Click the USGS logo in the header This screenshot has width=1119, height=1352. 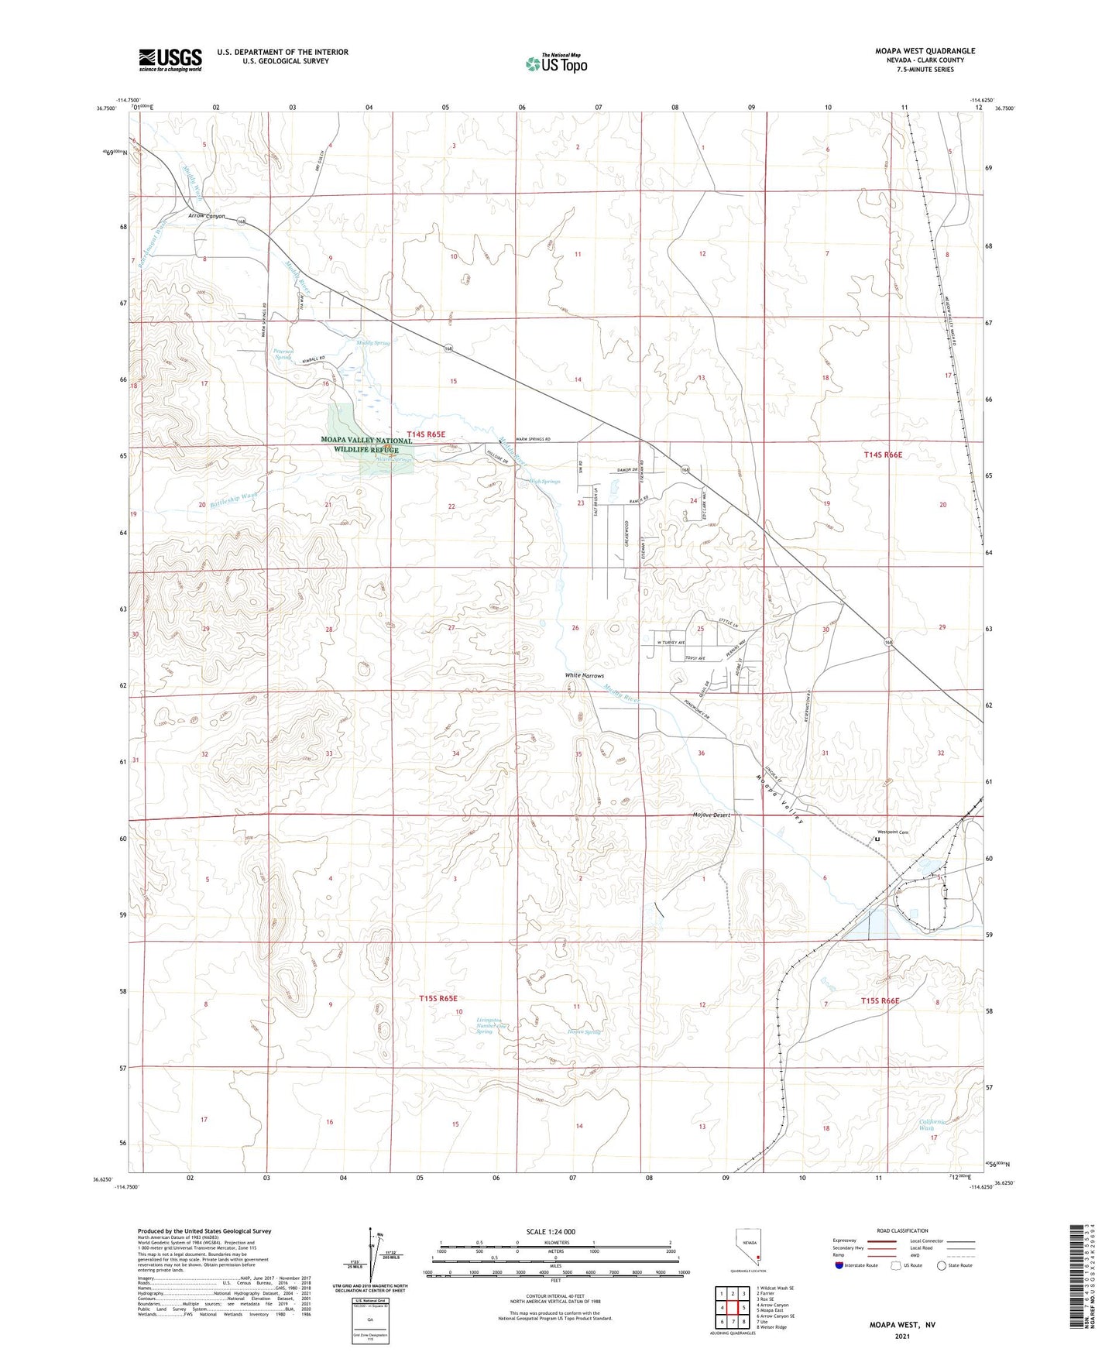170,60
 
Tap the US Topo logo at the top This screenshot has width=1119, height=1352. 556,63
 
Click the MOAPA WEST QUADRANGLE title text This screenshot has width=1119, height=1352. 925,51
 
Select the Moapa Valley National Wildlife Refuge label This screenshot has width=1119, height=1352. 366,444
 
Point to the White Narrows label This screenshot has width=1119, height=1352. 584,676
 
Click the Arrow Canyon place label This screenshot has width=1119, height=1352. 207,216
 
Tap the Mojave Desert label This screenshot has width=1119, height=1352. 711,815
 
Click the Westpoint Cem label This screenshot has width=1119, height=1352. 892,832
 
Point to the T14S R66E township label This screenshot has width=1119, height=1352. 883,455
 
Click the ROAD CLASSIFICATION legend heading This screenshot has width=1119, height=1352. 902,1230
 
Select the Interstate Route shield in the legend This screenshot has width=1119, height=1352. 840,1265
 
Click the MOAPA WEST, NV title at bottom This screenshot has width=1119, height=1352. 901,1325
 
